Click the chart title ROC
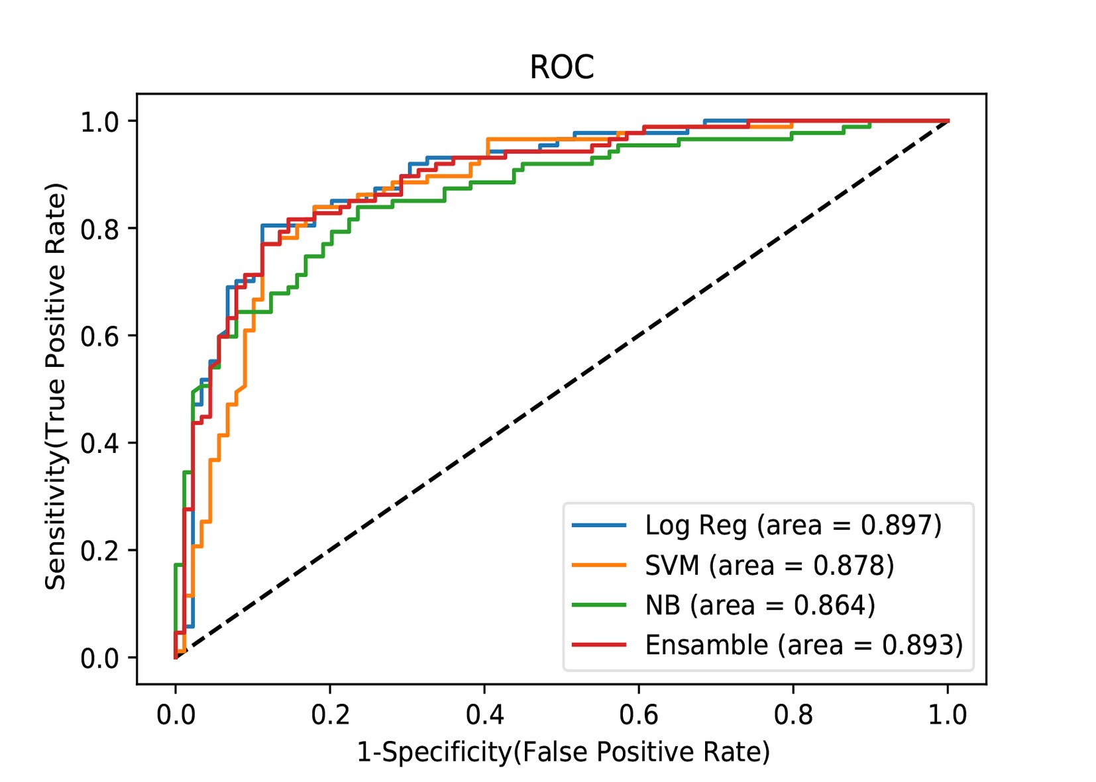click(x=561, y=67)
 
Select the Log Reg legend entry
click(x=793, y=525)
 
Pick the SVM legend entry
click(x=769, y=565)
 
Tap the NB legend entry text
click(x=759, y=605)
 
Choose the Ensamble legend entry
click(x=803, y=645)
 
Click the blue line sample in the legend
click(x=599, y=525)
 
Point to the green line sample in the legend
click(x=599, y=605)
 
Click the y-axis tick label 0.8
click(x=99, y=229)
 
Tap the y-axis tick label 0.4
click(x=99, y=443)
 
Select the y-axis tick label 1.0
click(x=99, y=122)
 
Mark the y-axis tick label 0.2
click(x=99, y=550)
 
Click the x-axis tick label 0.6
click(x=639, y=715)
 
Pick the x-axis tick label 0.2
click(x=330, y=715)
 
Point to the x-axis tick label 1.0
click(x=948, y=715)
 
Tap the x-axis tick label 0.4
click(x=484, y=715)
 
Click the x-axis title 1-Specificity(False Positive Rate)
click(x=563, y=752)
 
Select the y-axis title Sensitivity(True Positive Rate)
click(x=56, y=387)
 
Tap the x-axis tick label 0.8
click(x=793, y=715)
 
